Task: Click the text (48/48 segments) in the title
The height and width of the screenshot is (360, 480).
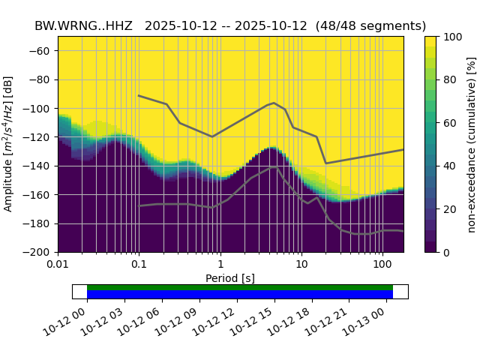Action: click(370, 25)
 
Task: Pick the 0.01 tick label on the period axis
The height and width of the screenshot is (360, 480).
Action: click(58, 265)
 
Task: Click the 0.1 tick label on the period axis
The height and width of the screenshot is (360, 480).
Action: click(139, 265)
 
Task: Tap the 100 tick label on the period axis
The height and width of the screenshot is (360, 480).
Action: click(382, 265)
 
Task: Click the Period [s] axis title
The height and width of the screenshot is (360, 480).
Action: click(230, 278)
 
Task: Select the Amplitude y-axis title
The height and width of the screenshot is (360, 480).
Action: click(9, 144)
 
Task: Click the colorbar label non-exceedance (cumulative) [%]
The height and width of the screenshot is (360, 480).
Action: click(472, 144)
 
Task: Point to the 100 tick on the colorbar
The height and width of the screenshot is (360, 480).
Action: click(451, 37)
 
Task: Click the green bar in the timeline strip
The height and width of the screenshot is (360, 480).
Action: click(240, 287)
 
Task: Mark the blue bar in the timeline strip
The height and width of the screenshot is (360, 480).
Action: click(240, 295)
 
